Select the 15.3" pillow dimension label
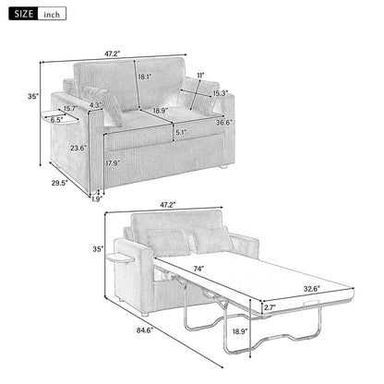(x=221, y=92)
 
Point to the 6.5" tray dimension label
(x=57, y=119)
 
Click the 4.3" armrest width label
(x=95, y=104)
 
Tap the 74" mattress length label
(x=196, y=270)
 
